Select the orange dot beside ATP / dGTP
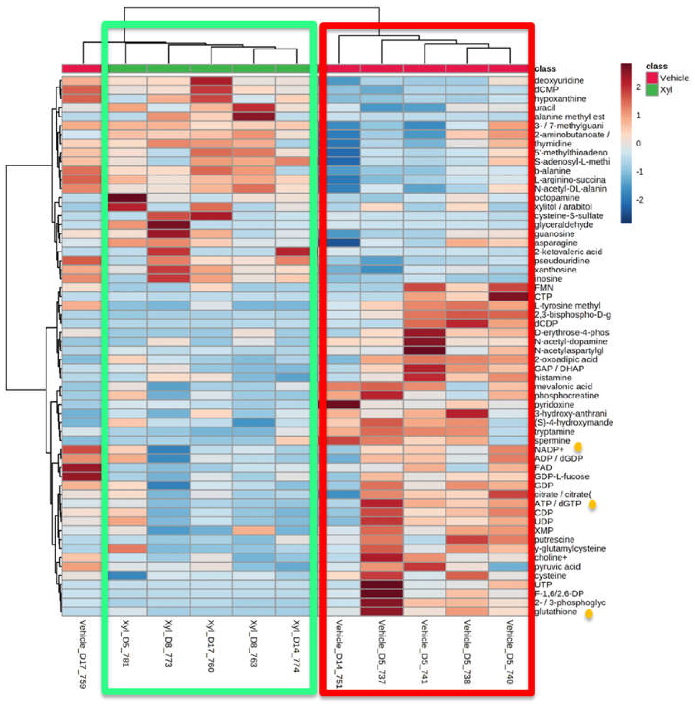click(x=592, y=505)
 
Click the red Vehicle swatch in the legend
click(x=652, y=78)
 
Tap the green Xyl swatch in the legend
click(x=652, y=90)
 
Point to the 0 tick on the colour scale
click(x=638, y=143)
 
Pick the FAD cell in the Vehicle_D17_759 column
click(x=82, y=468)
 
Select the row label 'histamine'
click(x=553, y=378)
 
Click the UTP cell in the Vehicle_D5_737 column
click(x=382, y=585)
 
